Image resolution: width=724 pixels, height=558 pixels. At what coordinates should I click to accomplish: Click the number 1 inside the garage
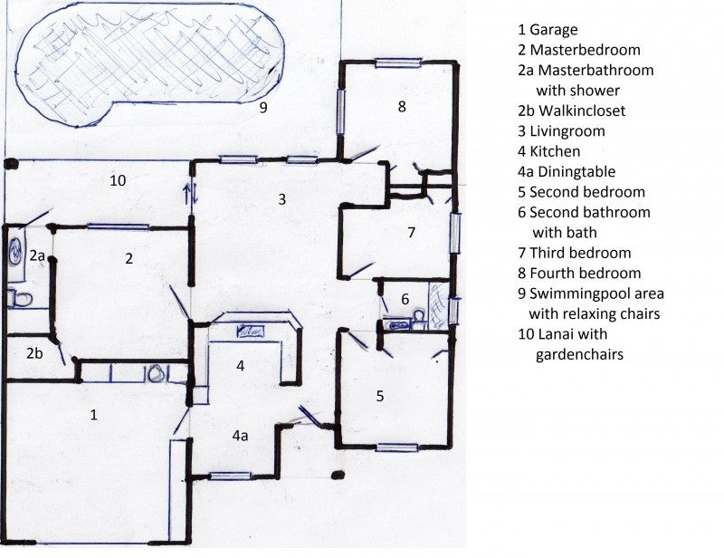94,415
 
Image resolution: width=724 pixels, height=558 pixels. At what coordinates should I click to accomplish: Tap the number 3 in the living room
281,199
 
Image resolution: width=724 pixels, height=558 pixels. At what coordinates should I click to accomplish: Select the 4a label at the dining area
240,436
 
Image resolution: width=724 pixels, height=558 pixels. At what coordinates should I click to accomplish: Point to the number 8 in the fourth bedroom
402,106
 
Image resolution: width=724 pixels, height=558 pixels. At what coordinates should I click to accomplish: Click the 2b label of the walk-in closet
34,353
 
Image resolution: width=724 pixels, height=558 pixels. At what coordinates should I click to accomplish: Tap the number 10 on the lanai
118,180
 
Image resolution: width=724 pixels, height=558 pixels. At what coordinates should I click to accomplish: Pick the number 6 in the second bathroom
405,299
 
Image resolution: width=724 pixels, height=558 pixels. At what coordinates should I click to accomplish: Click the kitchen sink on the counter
251,331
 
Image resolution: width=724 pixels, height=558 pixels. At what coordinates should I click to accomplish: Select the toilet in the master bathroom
19,298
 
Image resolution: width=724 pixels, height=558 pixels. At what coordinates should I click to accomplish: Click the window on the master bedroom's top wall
118,227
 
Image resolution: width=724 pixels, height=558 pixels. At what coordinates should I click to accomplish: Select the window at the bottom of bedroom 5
396,447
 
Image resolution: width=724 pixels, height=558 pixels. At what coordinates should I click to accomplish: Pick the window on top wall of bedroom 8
398,63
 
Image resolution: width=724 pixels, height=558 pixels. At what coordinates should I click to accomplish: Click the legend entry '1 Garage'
548,30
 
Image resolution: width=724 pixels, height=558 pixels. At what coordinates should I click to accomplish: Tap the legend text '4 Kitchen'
549,151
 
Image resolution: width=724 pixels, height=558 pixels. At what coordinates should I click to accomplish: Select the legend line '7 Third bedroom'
575,253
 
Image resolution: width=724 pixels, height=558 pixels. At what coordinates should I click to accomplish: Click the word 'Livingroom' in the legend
567,131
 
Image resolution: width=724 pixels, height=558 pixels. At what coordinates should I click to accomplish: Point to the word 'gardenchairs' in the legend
579,354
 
